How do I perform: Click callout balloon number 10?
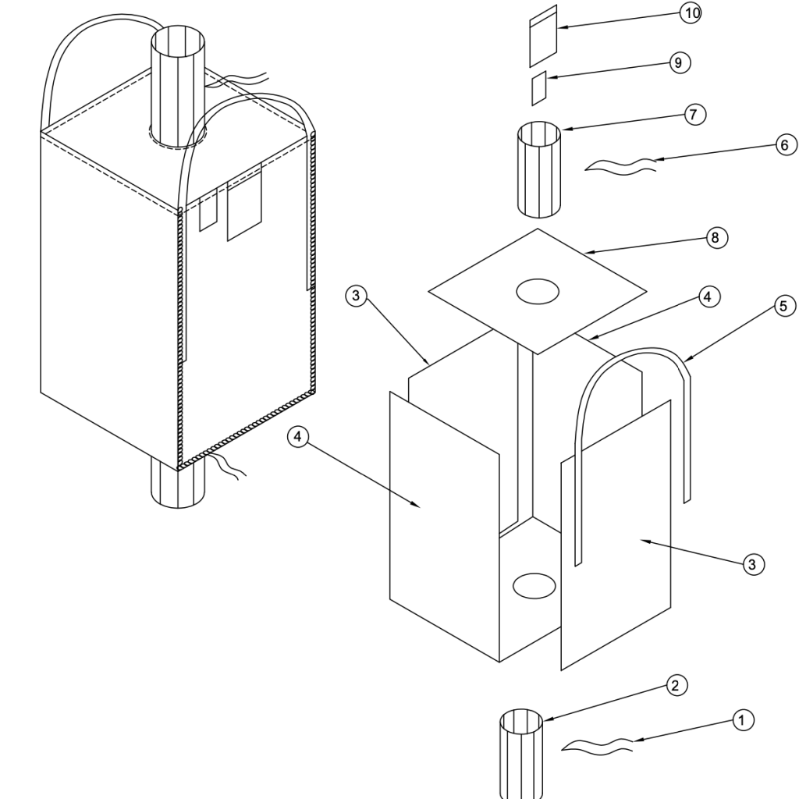[691, 13]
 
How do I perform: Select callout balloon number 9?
[680, 62]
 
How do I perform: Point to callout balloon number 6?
[786, 145]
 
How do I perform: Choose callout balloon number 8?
[716, 237]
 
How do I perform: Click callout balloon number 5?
[785, 306]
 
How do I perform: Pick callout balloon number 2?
[676, 685]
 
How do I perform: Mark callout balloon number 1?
[743, 720]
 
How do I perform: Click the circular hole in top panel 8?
[538, 292]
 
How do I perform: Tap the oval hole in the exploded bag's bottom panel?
[534, 585]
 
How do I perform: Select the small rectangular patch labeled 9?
[539, 88]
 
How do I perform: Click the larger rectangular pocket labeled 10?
[543, 36]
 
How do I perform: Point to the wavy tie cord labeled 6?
[620, 166]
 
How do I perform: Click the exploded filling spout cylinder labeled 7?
[539, 169]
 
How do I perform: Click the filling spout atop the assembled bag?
[179, 87]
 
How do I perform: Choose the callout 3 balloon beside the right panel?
[753, 564]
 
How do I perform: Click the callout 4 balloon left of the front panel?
[298, 437]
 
